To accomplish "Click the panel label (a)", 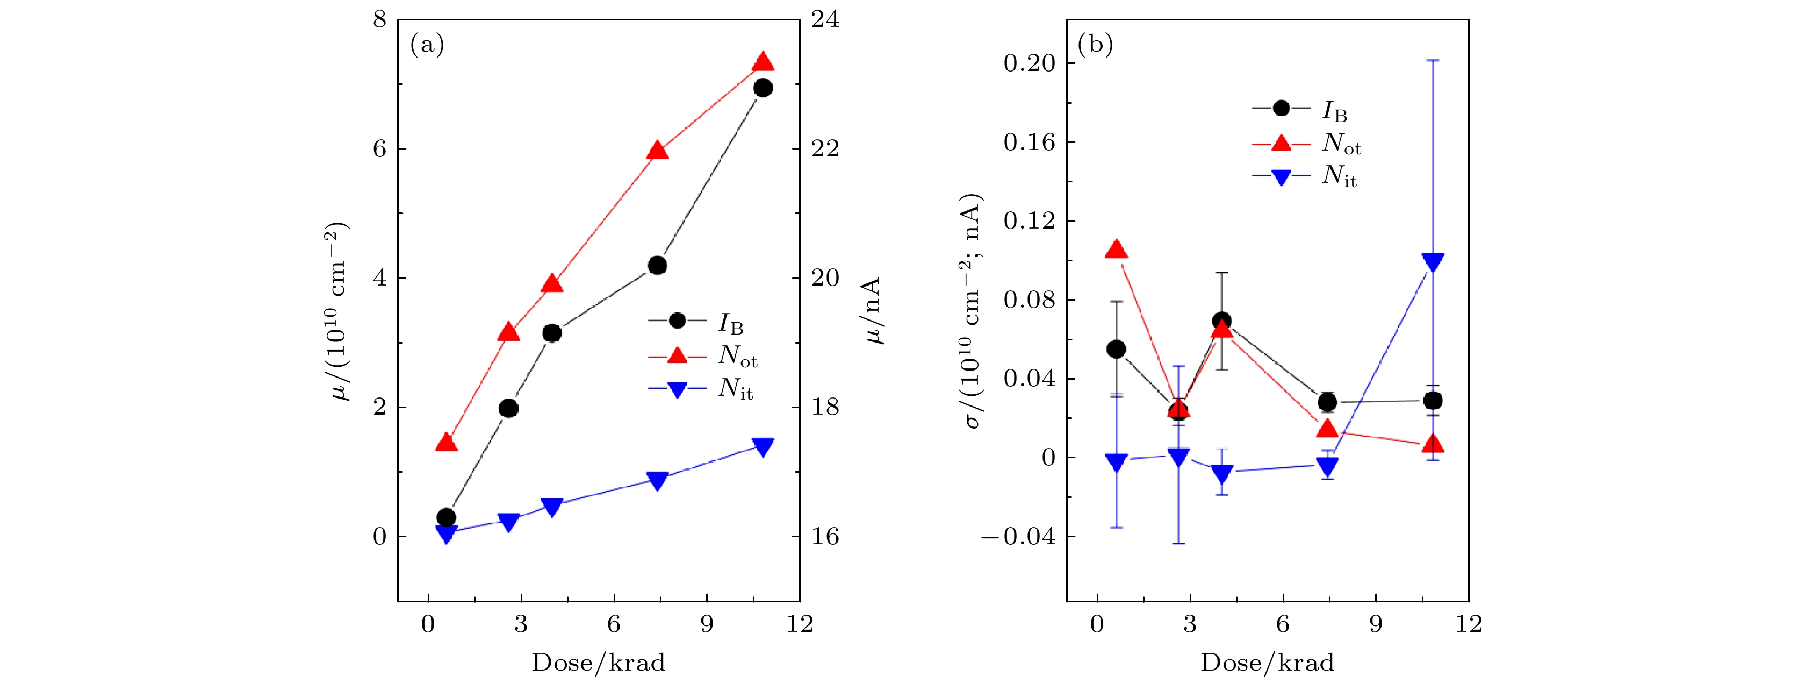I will click(427, 45).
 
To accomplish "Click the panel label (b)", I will click(1095, 45).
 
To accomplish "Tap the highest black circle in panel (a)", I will click(763, 88).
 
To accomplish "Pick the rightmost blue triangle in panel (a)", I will click(763, 447).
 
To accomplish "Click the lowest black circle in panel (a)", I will click(447, 517).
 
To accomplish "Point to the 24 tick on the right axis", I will click(825, 19).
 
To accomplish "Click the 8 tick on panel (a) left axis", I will click(380, 19).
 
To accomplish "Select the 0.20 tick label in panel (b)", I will click(1029, 63).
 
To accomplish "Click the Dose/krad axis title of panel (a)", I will click(598, 662).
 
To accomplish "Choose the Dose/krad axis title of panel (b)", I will click(1267, 662).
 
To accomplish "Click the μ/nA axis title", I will click(873, 311).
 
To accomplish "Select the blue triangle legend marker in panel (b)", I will click(1282, 177).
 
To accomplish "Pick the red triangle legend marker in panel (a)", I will click(677, 356).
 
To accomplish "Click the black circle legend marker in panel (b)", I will click(1282, 108).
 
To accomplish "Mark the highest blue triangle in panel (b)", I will click(1432, 262).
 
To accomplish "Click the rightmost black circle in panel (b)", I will click(1432, 401).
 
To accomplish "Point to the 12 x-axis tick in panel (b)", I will click(1469, 624).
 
